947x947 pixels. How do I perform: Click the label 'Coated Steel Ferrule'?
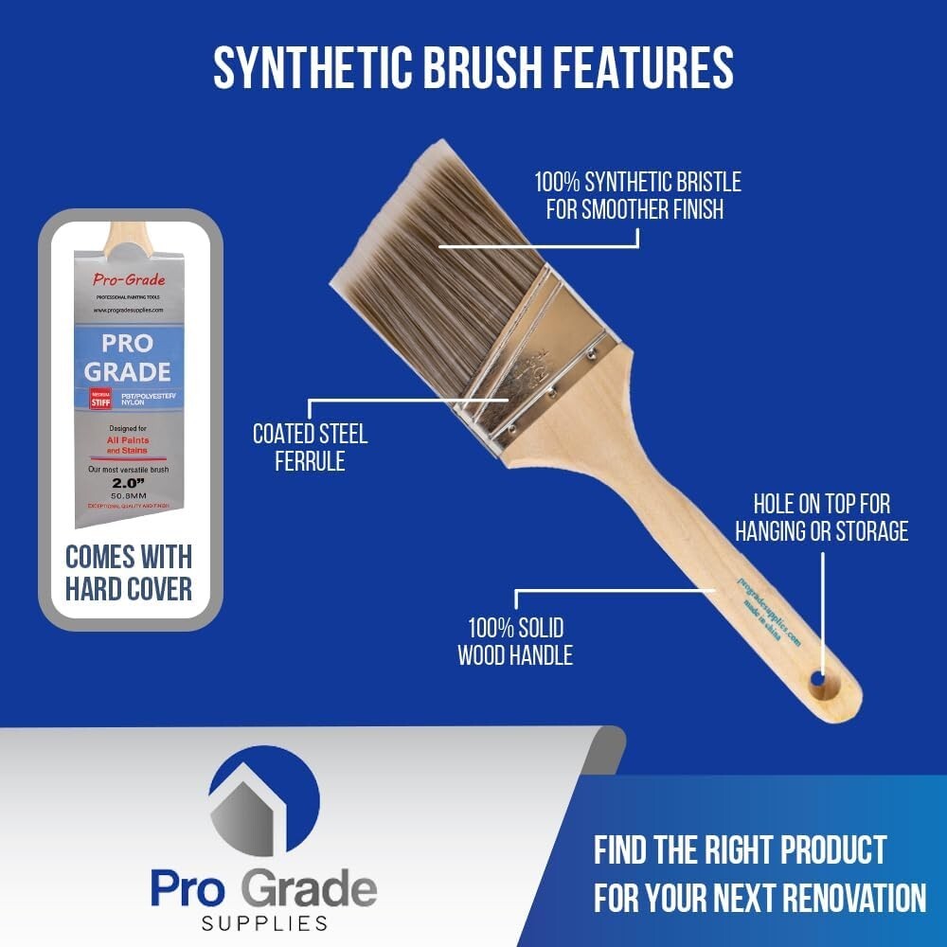click(x=310, y=448)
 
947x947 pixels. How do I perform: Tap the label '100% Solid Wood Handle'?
click(x=515, y=641)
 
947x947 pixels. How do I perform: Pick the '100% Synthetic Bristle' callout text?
click(x=636, y=194)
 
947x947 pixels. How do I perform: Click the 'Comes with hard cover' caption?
click(x=129, y=572)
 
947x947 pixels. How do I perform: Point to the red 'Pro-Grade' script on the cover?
click(x=129, y=279)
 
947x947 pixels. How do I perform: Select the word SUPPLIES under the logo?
click(x=264, y=922)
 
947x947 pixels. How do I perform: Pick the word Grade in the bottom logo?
click(x=308, y=889)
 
